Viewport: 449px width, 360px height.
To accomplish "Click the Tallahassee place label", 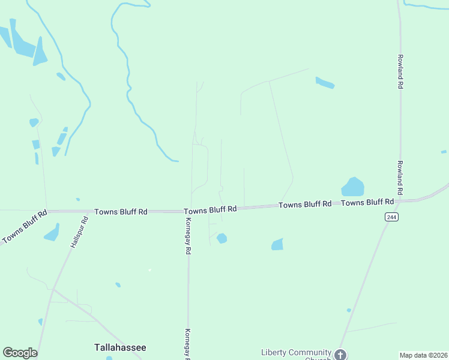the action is pos(120,347).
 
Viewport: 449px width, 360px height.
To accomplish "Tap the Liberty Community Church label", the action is pos(296,352).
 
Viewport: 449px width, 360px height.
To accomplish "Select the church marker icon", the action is pos(340,355).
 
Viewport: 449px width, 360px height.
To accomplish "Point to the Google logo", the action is pos(20,353).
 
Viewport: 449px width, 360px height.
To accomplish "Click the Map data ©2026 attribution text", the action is pos(423,355).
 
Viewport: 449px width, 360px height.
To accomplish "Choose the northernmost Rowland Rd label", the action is pos(400,72).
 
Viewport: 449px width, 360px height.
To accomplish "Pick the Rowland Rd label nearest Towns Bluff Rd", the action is pos(400,177).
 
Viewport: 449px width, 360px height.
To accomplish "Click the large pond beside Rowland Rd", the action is pos(353,187).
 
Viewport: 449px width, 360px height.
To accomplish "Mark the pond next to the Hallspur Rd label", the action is pos(52,232).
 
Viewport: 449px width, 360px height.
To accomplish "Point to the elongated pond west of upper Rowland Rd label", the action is pos(325,83).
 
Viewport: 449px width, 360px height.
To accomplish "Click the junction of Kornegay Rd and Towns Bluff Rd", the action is pos(188,211).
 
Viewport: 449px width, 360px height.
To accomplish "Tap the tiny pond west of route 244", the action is pos(349,310).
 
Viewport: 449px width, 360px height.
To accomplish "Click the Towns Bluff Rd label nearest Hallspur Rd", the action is pos(121,212).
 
